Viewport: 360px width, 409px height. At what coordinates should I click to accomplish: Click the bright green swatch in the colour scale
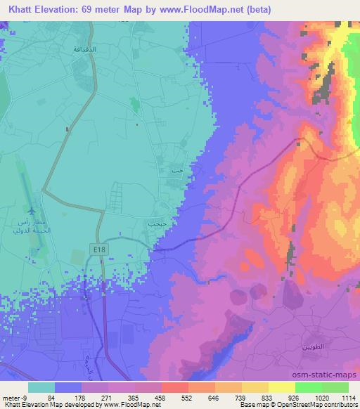[x=309, y=387]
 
